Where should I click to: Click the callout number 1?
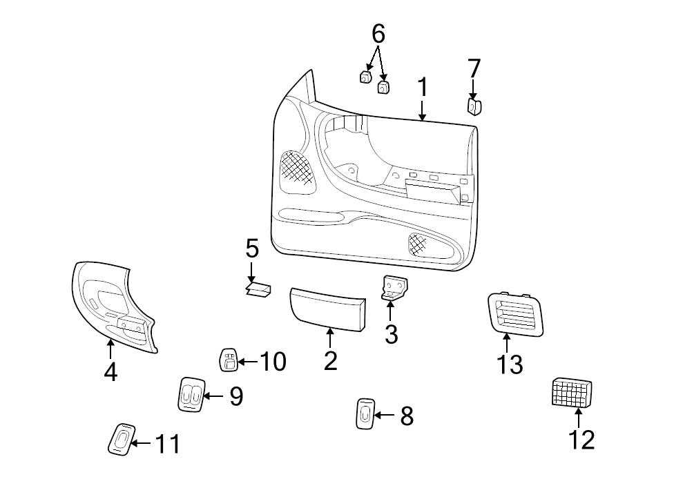point(423,88)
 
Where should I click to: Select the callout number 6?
point(378,33)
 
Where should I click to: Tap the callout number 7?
point(474,69)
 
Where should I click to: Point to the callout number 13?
point(510,364)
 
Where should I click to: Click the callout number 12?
point(581,439)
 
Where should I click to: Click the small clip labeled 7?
point(474,106)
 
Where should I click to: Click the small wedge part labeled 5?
point(258,289)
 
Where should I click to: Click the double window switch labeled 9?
point(190,395)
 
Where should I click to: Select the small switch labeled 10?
point(228,360)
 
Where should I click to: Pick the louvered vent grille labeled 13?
point(514,314)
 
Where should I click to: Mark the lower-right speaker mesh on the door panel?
point(419,242)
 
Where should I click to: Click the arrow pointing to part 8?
point(384,415)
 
